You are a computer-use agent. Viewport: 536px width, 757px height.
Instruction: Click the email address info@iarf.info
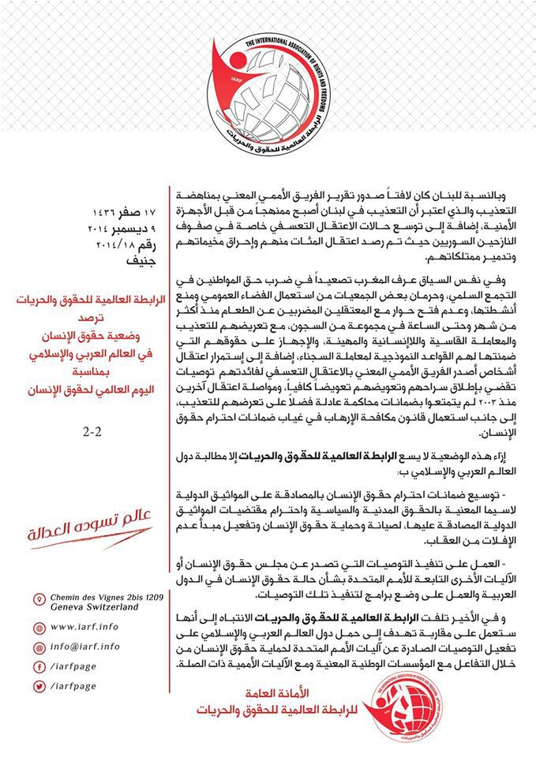[88, 647]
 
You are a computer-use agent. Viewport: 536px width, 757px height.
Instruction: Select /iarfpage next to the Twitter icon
[77, 687]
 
